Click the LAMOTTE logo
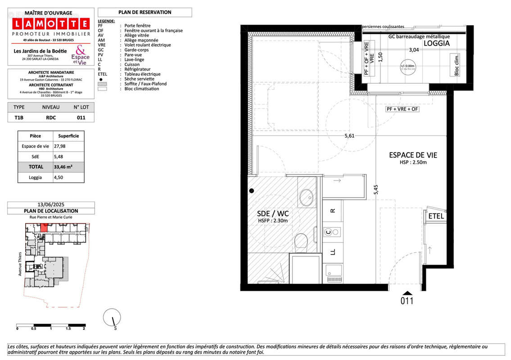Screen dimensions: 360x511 [x=50, y=24]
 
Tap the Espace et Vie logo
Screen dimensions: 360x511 [x=80, y=54]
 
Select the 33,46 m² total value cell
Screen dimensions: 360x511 [x=63, y=167]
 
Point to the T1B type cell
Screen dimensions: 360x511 [x=19, y=117]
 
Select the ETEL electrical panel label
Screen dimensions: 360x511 [x=436, y=216]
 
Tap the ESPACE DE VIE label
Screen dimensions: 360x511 [x=413, y=155]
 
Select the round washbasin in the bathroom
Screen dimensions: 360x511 [x=307, y=197]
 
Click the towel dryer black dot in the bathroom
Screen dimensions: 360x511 [x=252, y=190]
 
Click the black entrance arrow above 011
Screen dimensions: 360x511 [x=407, y=292]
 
